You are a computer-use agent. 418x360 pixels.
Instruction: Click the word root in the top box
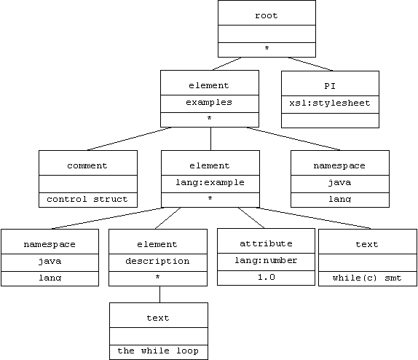[267, 15]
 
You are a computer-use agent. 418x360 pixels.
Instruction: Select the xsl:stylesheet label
[330, 103]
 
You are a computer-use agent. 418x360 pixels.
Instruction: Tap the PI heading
[330, 86]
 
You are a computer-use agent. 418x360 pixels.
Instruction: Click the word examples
[209, 103]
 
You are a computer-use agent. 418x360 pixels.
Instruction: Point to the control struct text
[87, 199]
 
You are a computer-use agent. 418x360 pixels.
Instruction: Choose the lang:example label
[210, 182]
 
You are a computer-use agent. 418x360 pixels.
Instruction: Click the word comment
[87, 165]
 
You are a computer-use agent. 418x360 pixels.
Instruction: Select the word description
[157, 261]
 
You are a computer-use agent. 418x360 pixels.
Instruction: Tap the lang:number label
[266, 260]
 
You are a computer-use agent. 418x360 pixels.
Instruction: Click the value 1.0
[267, 277]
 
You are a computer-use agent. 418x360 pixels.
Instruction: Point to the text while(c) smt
[367, 278]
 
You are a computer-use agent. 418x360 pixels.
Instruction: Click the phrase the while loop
[158, 351]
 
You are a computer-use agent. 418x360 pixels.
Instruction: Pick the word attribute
[266, 243]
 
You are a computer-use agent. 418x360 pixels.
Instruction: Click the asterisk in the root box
[267, 48]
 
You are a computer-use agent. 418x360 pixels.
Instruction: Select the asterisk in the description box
[157, 277]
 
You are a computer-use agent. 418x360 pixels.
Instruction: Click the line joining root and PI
[310, 64]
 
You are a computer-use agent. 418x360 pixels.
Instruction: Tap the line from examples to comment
[130, 138]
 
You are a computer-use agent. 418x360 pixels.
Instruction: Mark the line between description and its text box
[160, 294]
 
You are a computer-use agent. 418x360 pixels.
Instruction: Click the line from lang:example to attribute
[251, 218]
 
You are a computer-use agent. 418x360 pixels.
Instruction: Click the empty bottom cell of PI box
[330, 120]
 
